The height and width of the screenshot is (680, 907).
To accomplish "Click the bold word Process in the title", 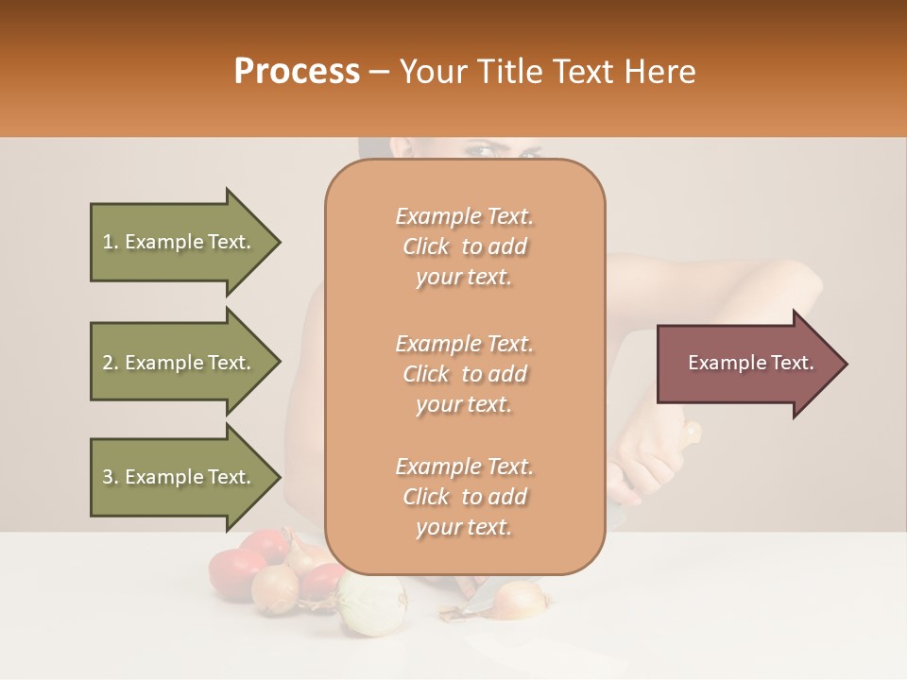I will click(297, 72).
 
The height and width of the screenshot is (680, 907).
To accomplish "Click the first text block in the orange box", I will click(464, 246).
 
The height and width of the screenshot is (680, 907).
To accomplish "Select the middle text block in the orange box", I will click(464, 374).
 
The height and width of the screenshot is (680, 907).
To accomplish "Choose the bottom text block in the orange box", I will click(464, 497).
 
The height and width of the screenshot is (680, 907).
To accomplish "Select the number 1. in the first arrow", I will click(111, 242).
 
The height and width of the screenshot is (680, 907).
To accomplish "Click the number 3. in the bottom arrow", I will click(111, 477).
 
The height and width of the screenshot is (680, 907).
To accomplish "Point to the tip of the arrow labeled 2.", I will click(279, 363).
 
